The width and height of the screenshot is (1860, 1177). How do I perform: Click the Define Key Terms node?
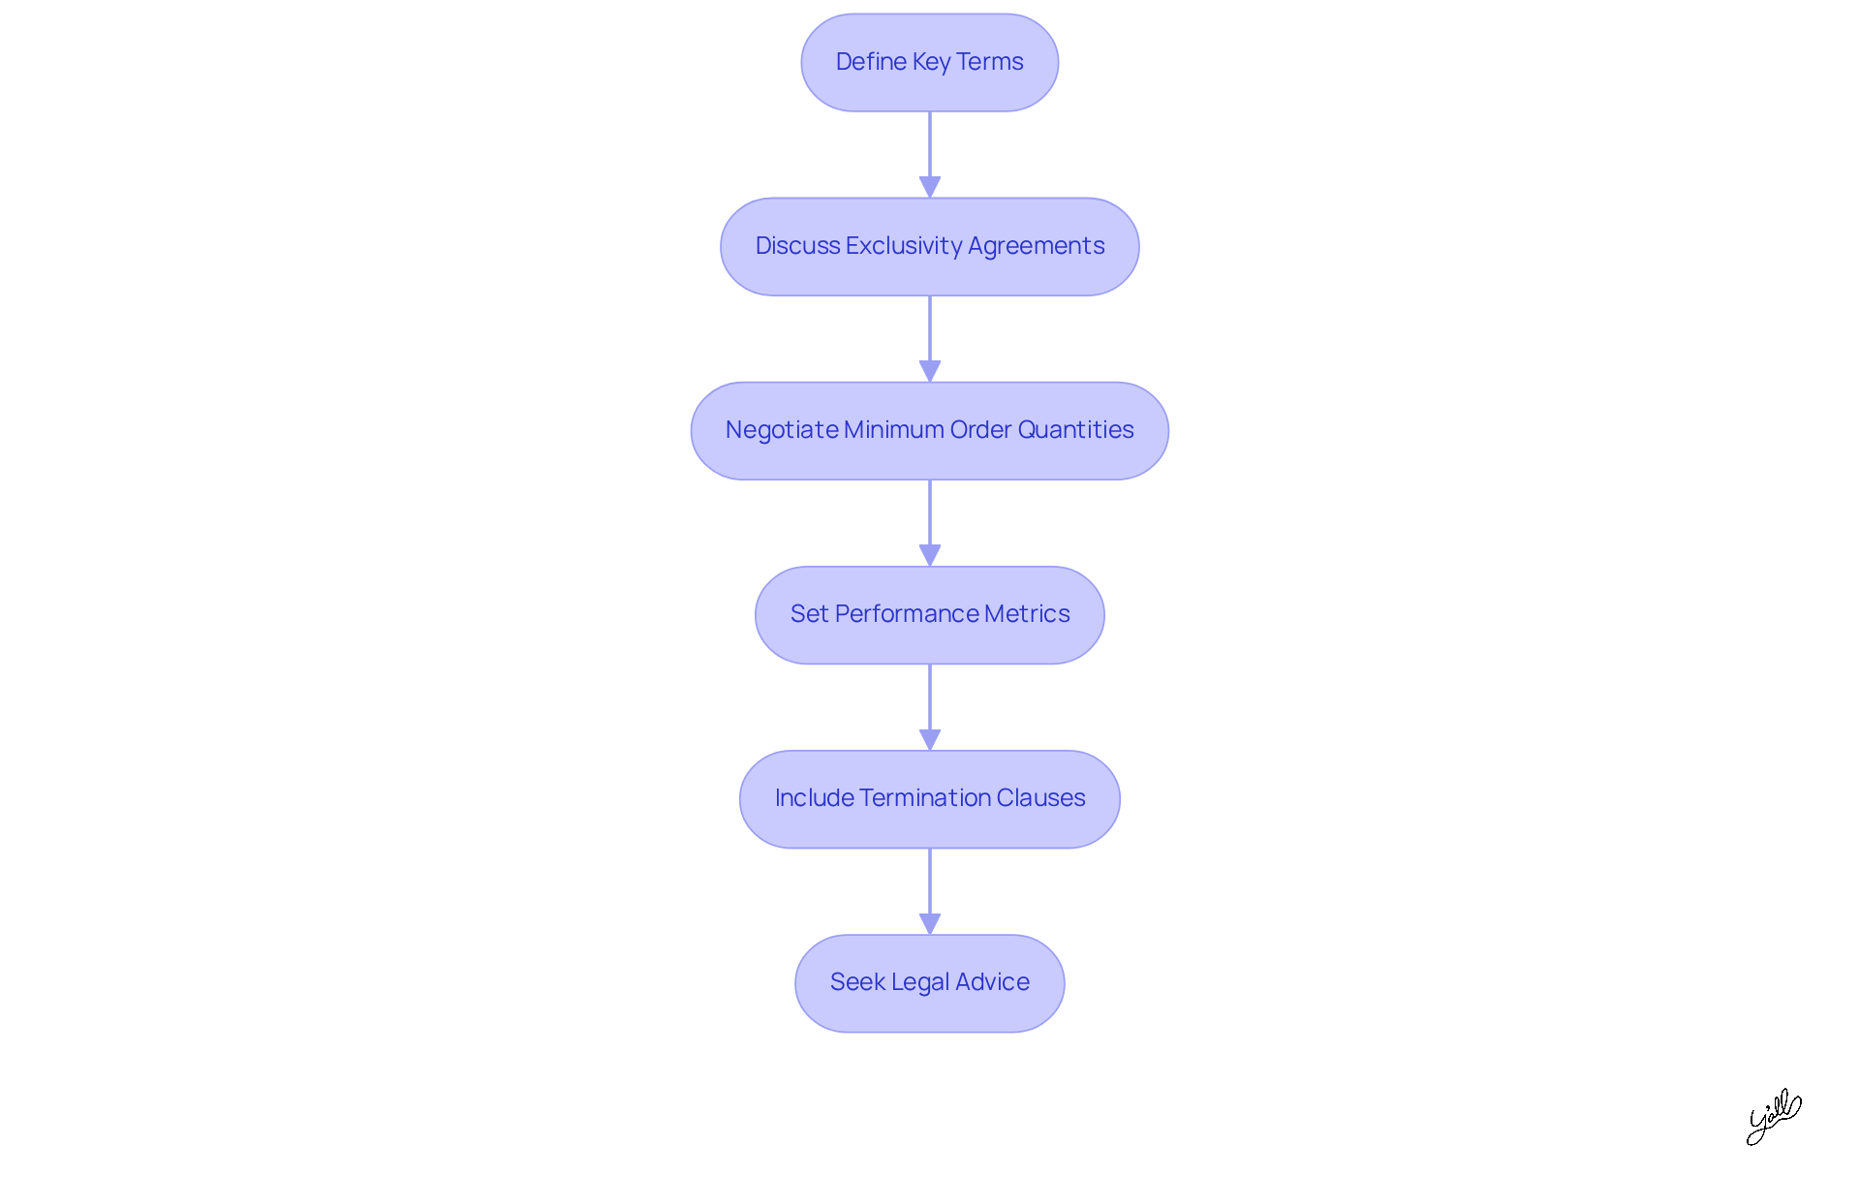point(929,62)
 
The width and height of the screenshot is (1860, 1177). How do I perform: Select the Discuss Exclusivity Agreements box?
point(929,246)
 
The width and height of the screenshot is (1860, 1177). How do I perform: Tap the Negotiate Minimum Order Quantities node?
point(929,430)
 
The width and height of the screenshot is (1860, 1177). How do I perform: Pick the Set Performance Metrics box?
point(929,614)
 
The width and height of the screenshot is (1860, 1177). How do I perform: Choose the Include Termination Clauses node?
point(929,798)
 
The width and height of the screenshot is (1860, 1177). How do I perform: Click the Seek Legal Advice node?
point(929,982)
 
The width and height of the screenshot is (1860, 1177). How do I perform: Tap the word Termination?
point(924,798)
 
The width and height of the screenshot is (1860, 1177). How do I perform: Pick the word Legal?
point(920,982)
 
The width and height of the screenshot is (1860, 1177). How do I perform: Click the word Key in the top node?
point(931,62)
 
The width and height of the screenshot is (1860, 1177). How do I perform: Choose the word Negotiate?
point(781,430)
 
